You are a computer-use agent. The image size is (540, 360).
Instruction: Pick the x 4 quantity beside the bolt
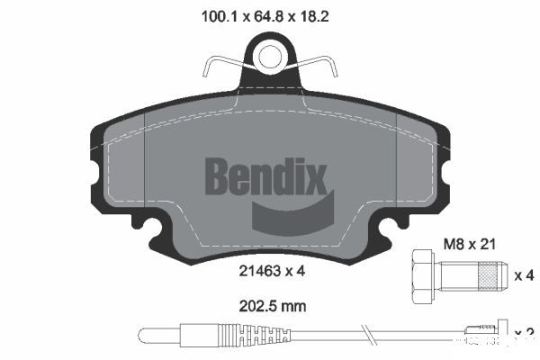coord(524,274)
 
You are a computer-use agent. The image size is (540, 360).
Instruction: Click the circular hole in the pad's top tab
coord(269,57)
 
